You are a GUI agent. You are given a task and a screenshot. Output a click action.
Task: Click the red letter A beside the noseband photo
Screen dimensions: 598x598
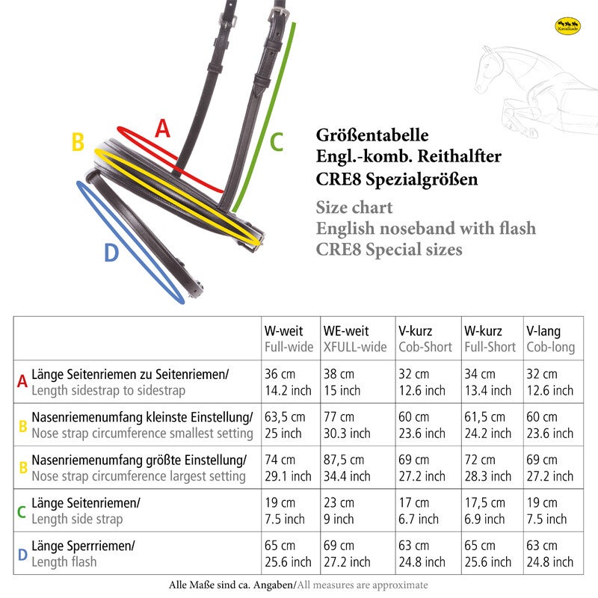tap(162, 129)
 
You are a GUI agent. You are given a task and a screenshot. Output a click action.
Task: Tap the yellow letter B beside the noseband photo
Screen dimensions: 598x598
tap(78, 142)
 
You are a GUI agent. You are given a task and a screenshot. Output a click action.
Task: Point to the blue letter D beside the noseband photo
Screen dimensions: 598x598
tap(111, 253)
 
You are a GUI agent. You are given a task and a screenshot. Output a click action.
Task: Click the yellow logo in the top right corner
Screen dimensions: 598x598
tap(568, 27)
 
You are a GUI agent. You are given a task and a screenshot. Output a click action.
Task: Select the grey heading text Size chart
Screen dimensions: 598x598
tap(354, 207)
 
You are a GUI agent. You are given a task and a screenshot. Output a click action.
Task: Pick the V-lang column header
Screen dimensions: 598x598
tap(543, 331)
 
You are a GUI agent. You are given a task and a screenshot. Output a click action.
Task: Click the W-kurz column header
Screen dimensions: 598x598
tap(483, 331)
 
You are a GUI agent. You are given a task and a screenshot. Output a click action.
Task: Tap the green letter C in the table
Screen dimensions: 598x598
tap(22, 511)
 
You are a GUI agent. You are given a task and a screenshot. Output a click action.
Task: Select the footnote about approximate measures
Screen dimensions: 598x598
tap(298, 585)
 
